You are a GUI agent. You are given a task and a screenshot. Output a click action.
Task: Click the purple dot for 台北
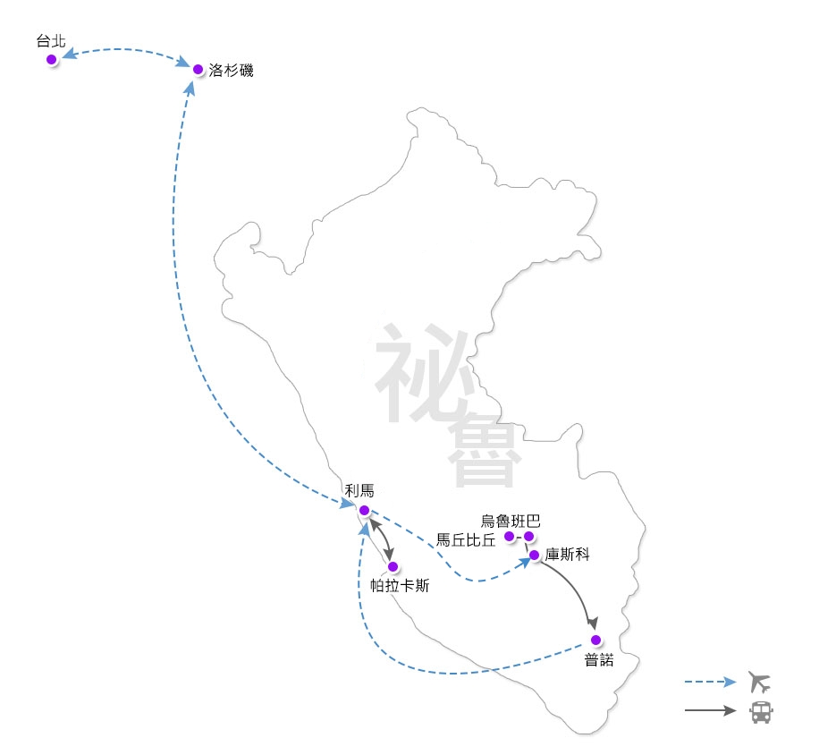(x=52, y=59)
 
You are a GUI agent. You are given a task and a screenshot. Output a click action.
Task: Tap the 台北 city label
(x=51, y=41)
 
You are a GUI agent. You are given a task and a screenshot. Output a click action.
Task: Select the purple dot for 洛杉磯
(x=198, y=69)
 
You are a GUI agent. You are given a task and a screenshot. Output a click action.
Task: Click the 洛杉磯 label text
(x=231, y=70)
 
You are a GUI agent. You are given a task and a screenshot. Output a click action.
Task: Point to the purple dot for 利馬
(x=364, y=510)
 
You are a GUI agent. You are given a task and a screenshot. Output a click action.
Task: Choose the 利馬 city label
(x=359, y=490)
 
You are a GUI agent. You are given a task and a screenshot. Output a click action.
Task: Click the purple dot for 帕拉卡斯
(x=393, y=566)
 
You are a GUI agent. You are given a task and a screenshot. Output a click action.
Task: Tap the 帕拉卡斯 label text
(x=400, y=587)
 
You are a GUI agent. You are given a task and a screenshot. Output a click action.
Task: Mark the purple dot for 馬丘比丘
(x=509, y=536)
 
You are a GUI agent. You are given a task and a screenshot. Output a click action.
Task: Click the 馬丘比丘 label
(x=465, y=539)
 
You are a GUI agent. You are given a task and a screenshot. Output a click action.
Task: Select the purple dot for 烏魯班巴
(x=528, y=537)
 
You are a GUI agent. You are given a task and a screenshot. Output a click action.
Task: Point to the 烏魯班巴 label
(x=511, y=521)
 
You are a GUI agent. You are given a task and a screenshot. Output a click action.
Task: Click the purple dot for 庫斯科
(x=534, y=556)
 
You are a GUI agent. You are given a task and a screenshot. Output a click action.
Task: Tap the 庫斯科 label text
(x=567, y=555)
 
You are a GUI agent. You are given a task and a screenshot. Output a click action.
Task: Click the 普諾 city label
(x=600, y=660)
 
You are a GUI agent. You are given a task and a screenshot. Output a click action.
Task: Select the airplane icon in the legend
(x=760, y=683)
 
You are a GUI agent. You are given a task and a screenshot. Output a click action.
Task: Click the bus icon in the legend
(x=761, y=712)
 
